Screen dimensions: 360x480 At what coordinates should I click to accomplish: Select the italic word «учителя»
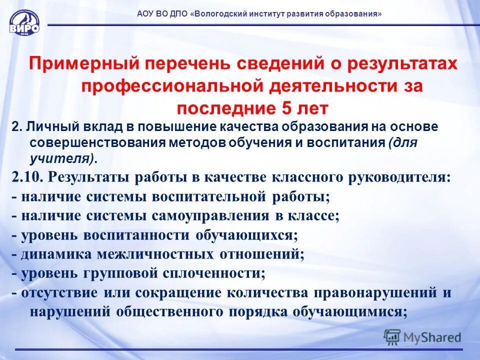point(58,158)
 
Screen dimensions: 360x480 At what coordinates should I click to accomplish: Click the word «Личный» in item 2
point(43,127)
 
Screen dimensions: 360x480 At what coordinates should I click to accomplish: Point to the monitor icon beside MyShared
point(392,336)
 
